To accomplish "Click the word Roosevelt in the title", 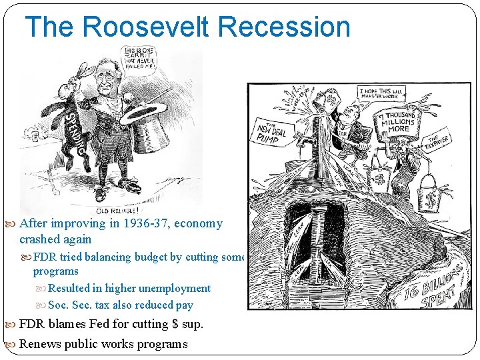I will click(x=145, y=27).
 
